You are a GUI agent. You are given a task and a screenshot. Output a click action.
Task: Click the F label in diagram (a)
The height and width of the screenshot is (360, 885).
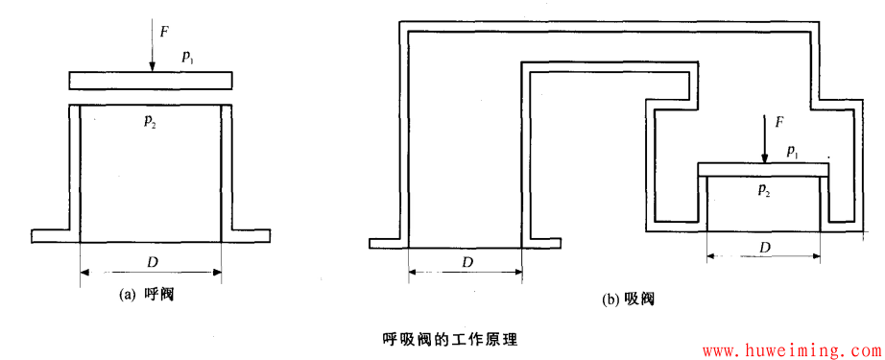(x=164, y=32)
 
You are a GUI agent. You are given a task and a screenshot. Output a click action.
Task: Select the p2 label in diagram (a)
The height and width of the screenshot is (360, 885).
(x=151, y=120)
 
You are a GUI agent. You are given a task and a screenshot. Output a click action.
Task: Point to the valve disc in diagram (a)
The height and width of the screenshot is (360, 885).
(x=150, y=80)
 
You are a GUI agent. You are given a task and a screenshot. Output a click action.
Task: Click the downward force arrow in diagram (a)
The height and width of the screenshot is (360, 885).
(x=151, y=43)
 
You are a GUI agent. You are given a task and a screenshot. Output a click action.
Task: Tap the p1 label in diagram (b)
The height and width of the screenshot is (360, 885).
(x=792, y=151)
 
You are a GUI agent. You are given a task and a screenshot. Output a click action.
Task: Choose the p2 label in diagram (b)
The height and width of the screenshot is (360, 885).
(x=764, y=191)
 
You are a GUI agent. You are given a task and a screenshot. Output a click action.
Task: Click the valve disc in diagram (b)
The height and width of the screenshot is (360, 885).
(x=762, y=169)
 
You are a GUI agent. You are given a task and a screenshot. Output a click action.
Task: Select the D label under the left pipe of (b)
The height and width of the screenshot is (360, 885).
(x=466, y=261)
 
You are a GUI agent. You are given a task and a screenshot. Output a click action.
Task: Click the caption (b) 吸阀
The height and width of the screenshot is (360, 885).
(x=628, y=299)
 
